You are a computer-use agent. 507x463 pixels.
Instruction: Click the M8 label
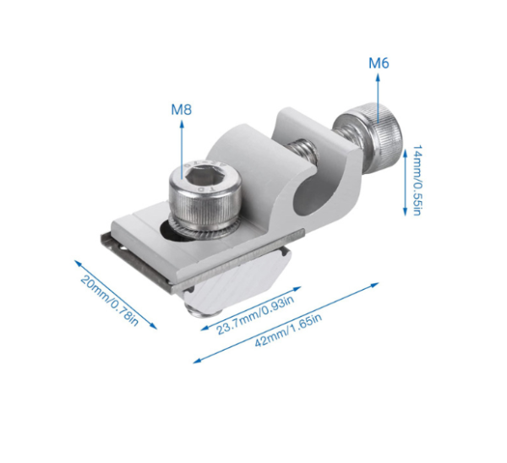point(182,110)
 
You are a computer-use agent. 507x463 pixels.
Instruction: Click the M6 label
point(379,63)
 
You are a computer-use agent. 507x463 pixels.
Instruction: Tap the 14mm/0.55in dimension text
point(417,180)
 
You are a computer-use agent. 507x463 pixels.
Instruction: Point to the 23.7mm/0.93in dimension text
point(255,315)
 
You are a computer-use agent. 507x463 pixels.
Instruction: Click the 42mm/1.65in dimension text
point(288,330)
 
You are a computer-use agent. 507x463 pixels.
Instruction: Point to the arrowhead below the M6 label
point(378,77)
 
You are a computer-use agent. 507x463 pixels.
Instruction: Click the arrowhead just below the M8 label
point(182,124)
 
